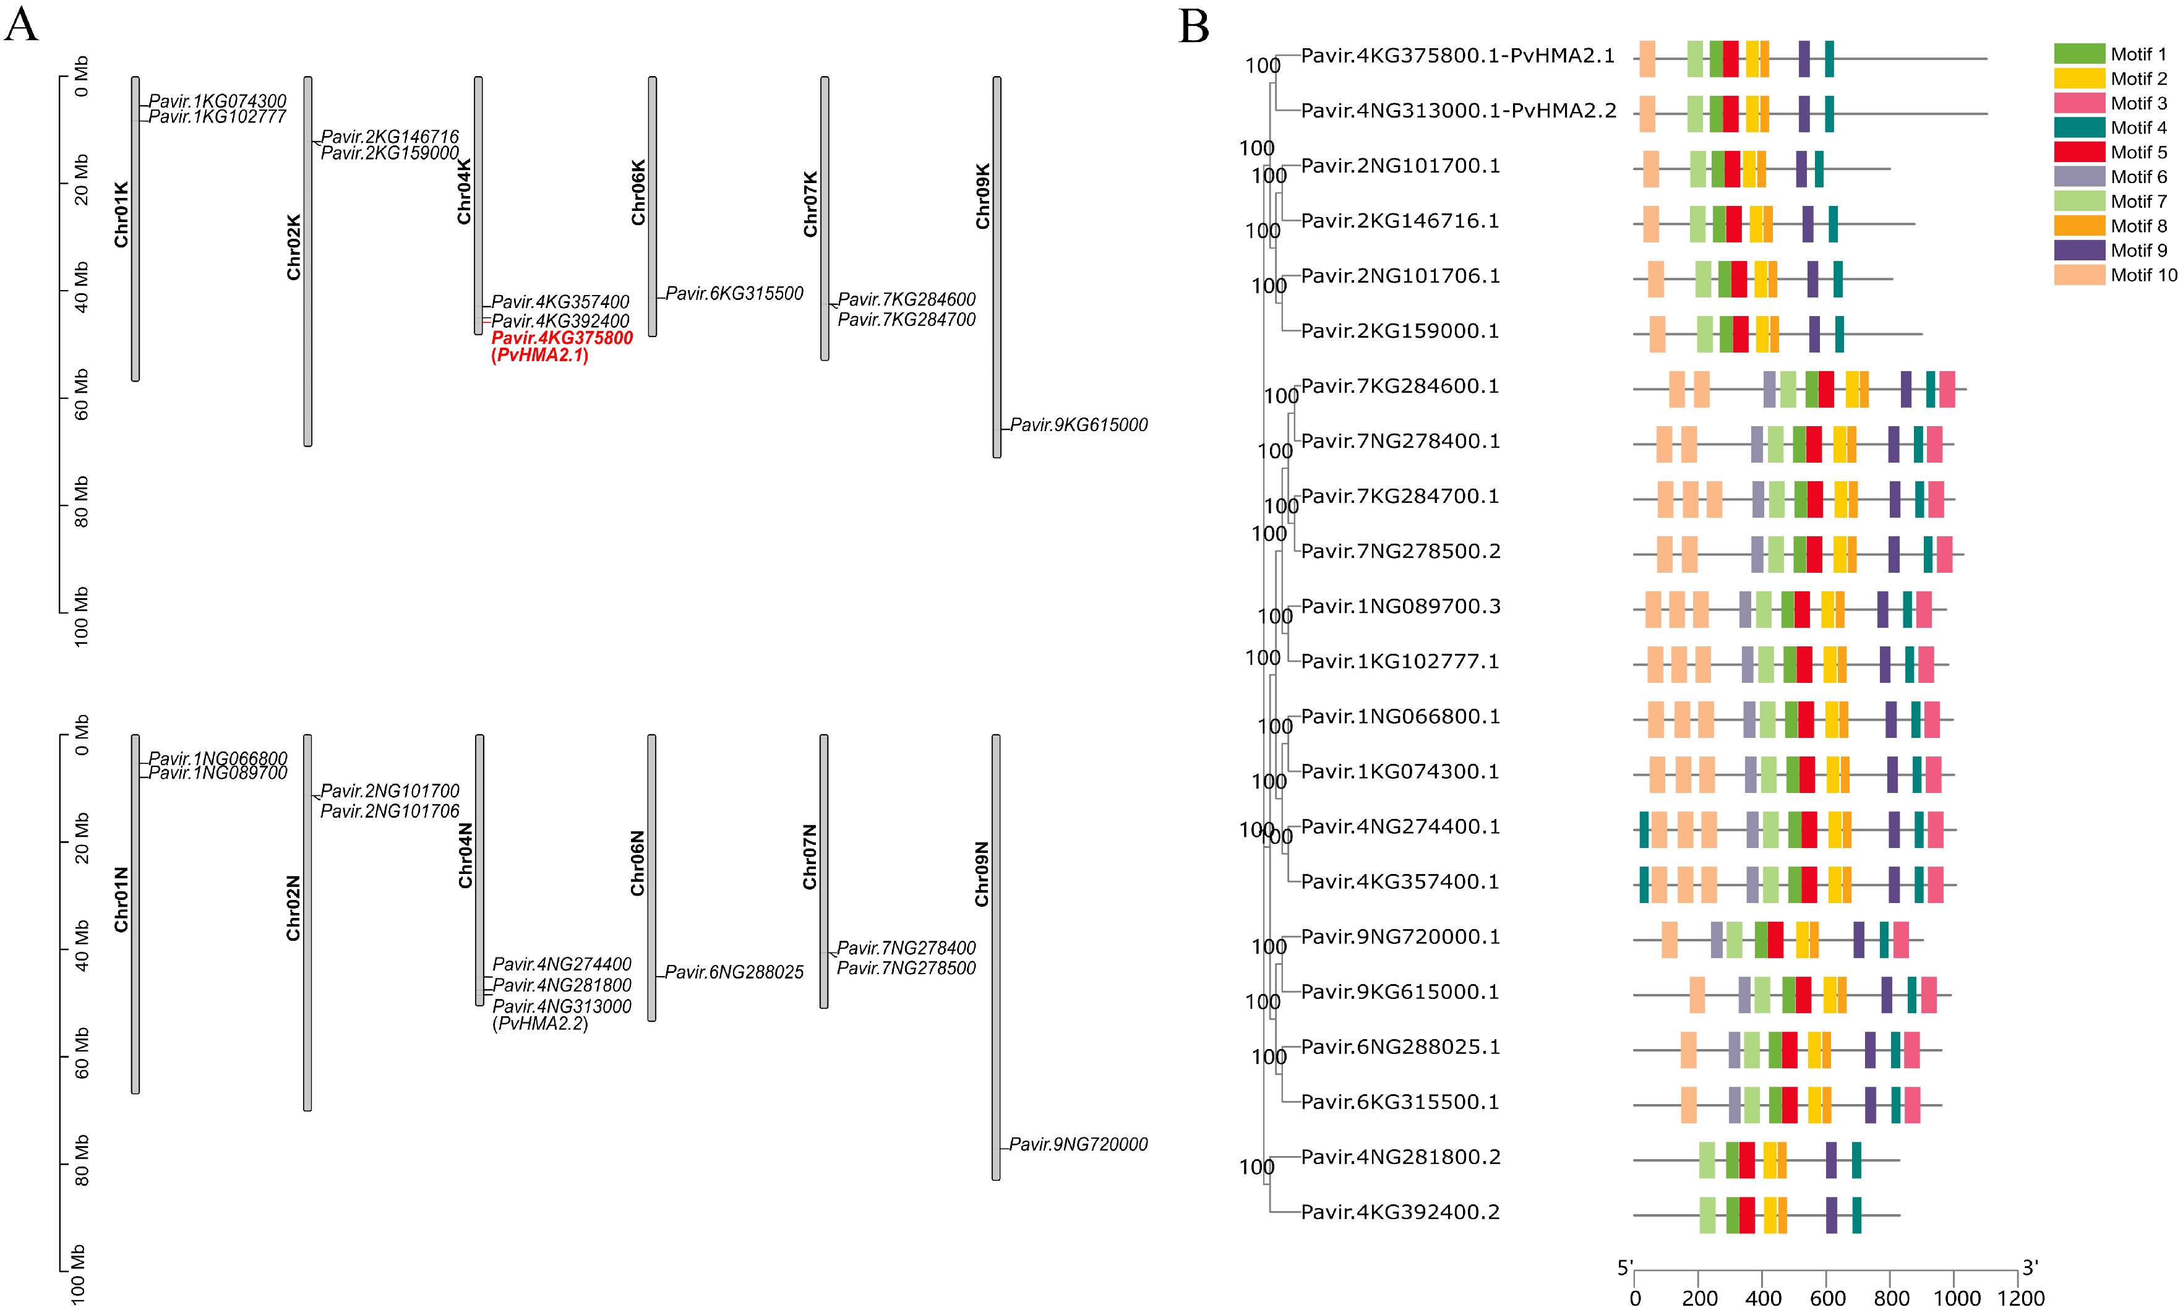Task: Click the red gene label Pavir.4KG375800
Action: [562, 338]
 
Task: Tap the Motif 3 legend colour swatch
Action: [2078, 103]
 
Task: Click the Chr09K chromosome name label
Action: [982, 196]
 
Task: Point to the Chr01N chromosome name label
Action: [121, 899]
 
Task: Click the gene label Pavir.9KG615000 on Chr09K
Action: [1078, 426]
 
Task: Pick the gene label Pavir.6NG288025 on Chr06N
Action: [734, 972]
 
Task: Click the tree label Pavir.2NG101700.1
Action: [1400, 166]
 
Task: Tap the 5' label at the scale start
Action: [1625, 1268]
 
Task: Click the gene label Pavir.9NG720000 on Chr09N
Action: [1078, 1144]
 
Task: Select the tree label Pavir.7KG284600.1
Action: [1400, 387]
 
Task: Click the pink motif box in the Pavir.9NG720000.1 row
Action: [1900, 940]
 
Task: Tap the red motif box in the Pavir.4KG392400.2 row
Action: [1746, 1215]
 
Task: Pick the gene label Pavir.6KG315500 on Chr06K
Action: [734, 293]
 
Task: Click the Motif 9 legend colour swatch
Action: [2078, 250]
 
